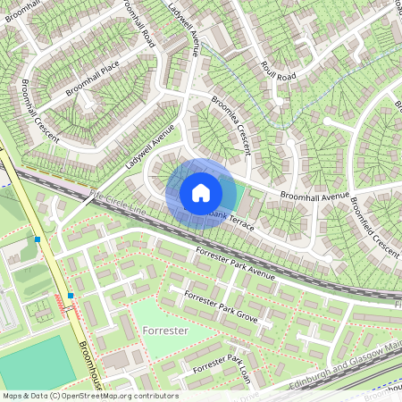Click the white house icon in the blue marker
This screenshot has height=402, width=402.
[x=201, y=192]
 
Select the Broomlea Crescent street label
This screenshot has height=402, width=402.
[x=230, y=126]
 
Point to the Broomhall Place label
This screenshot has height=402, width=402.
[x=91, y=79]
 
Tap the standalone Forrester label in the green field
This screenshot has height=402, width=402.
[x=163, y=331]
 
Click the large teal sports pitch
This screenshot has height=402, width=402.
[x=31, y=362]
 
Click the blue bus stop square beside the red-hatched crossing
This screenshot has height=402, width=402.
[x=70, y=295]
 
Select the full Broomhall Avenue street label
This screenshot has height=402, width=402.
[x=313, y=195]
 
